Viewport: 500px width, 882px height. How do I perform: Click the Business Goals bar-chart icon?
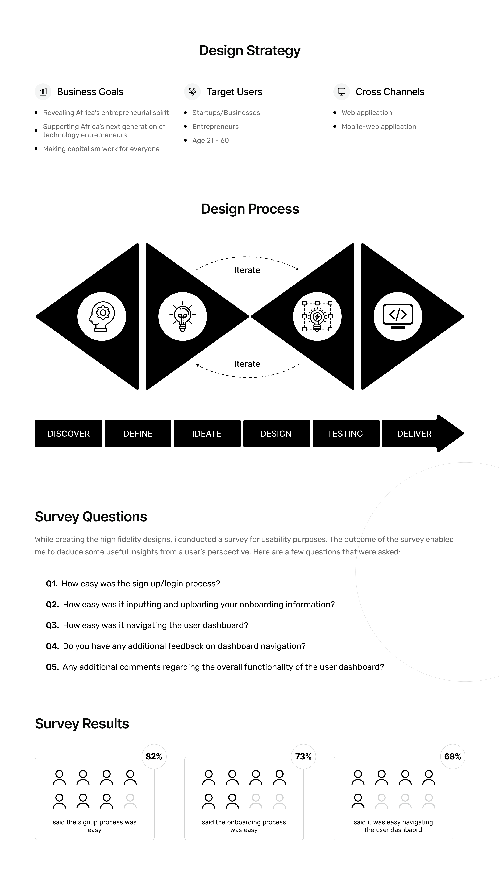[x=43, y=92]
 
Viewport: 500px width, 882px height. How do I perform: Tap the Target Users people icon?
[x=192, y=92]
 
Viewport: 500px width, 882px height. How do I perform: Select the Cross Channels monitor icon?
[x=341, y=92]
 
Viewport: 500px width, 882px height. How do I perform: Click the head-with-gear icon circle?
[x=102, y=316]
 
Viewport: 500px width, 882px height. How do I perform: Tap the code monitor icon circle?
[x=398, y=316]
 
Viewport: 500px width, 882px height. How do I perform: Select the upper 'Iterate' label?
[x=247, y=270]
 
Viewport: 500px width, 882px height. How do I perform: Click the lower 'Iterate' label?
[x=247, y=364]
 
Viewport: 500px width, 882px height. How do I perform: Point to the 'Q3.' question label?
[x=52, y=625]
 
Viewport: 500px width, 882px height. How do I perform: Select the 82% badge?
[x=154, y=757]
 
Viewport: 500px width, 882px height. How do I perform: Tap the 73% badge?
[x=303, y=757]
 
